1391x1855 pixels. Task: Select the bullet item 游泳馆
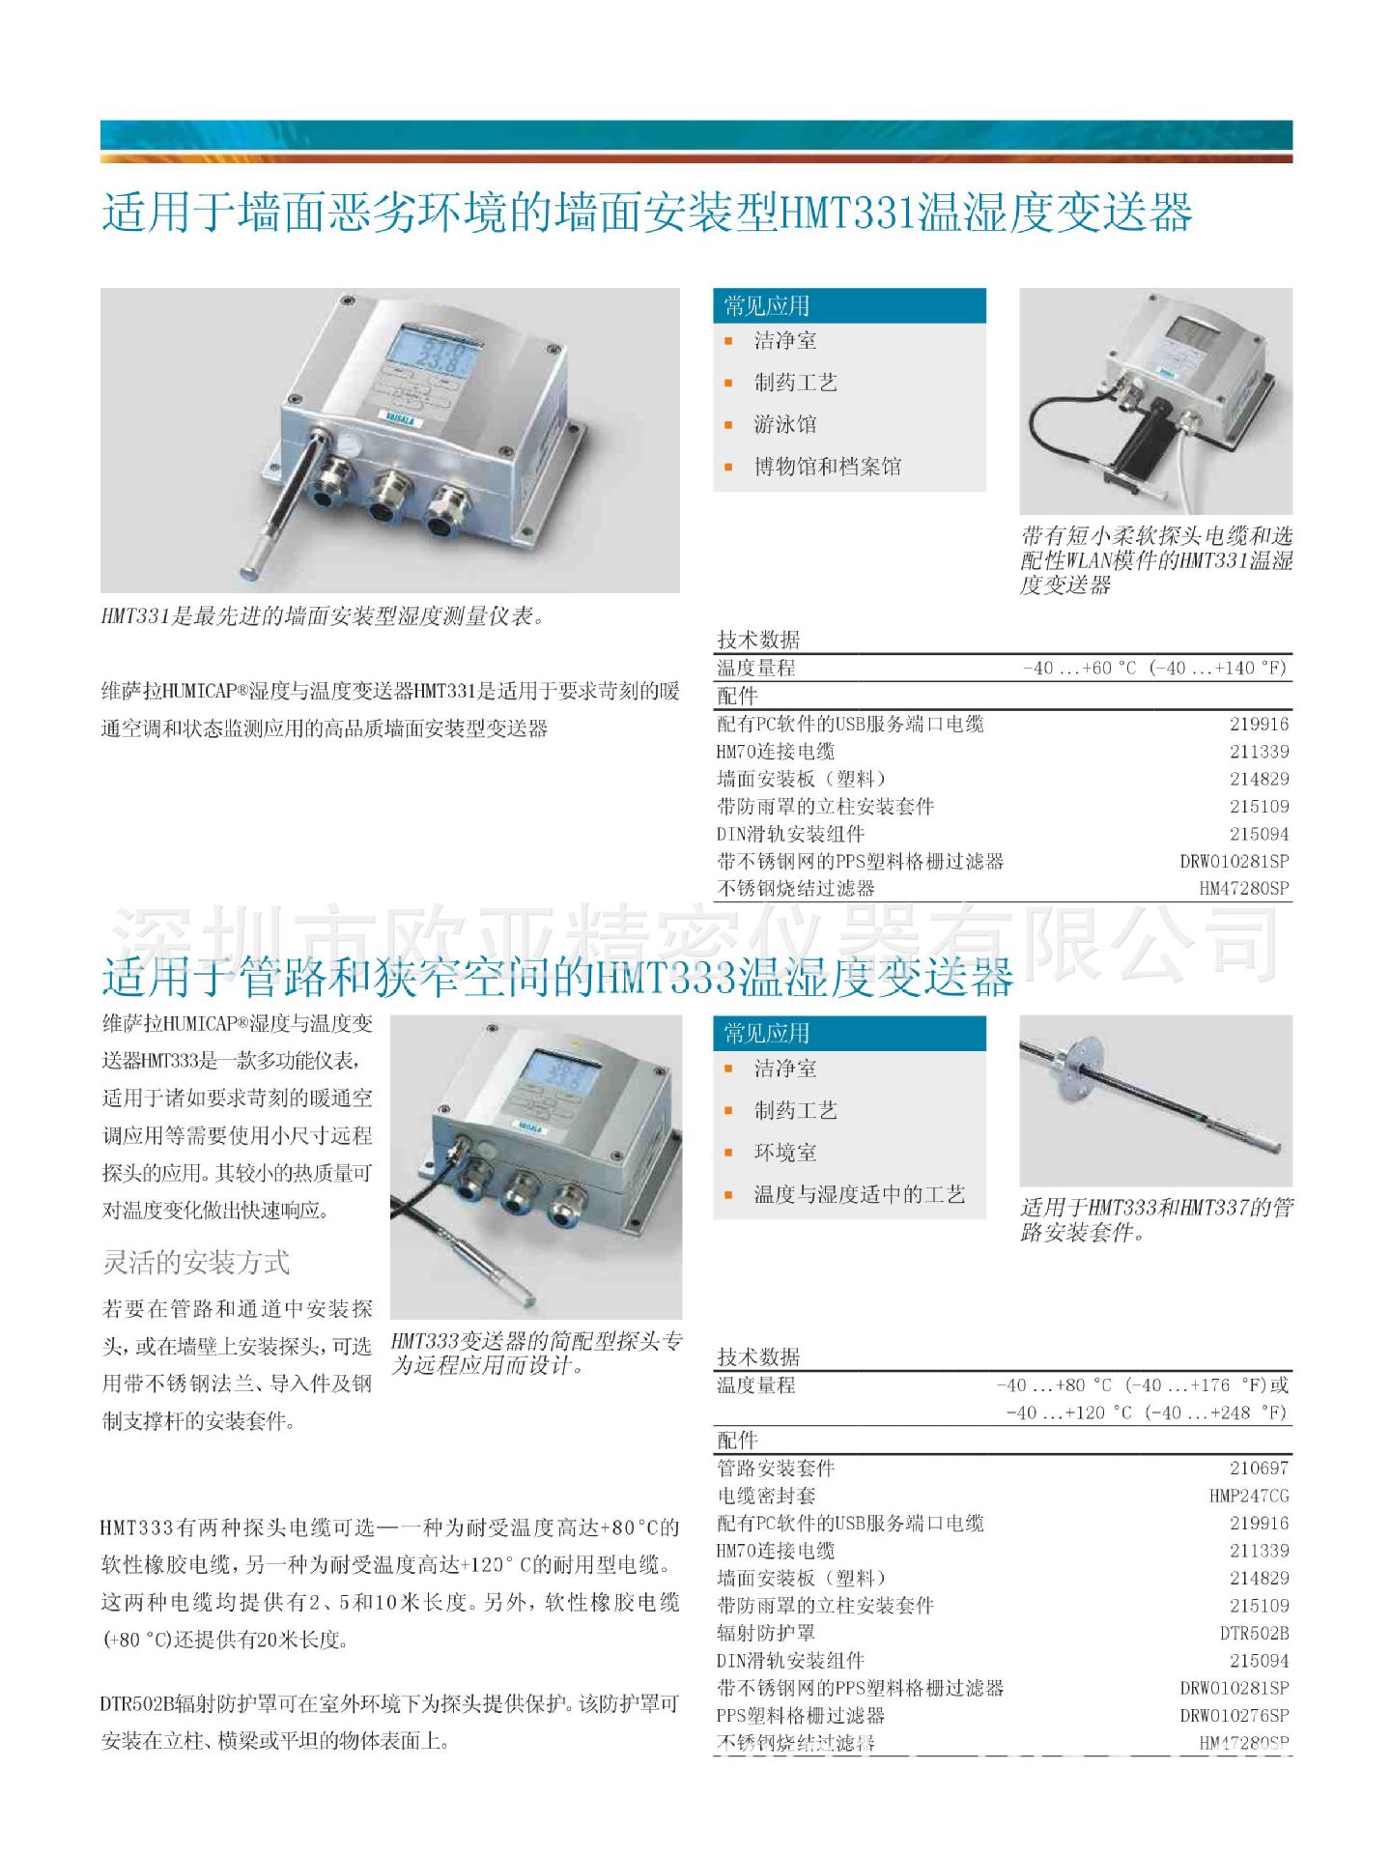[x=785, y=424]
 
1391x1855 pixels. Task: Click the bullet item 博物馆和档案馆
[x=827, y=467]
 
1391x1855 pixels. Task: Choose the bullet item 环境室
[x=785, y=1152]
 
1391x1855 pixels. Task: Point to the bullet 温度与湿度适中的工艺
[x=859, y=1194]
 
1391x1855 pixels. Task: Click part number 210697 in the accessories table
[x=1259, y=1468]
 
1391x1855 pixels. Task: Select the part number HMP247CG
[x=1248, y=1496]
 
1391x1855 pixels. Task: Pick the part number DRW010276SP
[x=1234, y=1715]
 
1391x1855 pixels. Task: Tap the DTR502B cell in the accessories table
[x=1254, y=1633]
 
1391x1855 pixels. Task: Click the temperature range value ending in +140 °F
[x=1154, y=668]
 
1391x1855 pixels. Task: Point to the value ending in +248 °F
[x=1147, y=1413]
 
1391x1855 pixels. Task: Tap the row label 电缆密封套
[x=766, y=1496]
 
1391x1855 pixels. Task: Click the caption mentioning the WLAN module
[x=1155, y=560]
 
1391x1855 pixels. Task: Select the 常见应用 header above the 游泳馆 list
[x=767, y=306]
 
